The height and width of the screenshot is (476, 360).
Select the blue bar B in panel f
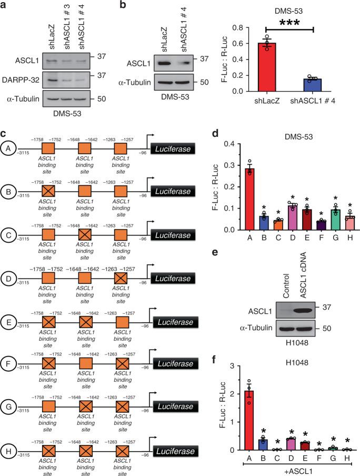click(x=258, y=444)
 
